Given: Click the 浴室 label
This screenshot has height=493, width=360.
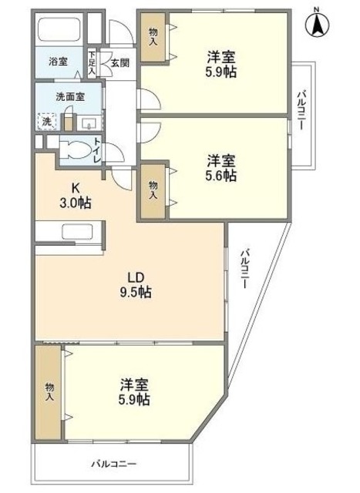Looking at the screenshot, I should (58, 62).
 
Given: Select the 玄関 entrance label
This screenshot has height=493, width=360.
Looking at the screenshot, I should (119, 62).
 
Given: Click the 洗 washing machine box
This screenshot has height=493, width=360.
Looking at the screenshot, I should (47, 121).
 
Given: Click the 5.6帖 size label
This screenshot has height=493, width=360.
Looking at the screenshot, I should (220, 176).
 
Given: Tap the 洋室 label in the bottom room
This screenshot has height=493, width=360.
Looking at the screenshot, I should (133, 384).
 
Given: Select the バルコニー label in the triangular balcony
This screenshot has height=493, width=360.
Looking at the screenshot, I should (244, 269).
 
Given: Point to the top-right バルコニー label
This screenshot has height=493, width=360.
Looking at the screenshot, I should (301, 111).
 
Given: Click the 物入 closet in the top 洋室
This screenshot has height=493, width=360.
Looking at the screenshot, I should (152, 39).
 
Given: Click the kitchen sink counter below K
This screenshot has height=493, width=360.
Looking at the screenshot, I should (76, 233).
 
